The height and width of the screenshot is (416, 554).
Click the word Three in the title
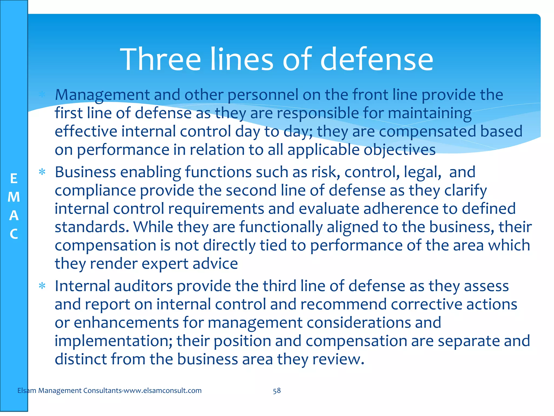tap(161, 59)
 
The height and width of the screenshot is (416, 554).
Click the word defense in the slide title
tap(377, 59)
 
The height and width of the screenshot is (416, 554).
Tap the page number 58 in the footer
tap(277, 391)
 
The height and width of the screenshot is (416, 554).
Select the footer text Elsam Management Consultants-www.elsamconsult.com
tap(109, 391)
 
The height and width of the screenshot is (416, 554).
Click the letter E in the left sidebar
tap(14, 179)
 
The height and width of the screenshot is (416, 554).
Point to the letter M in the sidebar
tap(14, 197)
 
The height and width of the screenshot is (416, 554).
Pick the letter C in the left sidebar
tap(14, 234)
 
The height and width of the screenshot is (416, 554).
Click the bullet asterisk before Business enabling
tap(42, 172)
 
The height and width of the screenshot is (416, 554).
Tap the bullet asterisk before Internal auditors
tap(42, 286)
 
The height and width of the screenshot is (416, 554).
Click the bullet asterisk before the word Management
tap(42, 95)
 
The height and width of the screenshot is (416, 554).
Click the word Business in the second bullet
tap(85, 172)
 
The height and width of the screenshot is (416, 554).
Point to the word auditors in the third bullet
tap(143, 286)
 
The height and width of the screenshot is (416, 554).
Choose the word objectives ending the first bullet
tap(399, 150)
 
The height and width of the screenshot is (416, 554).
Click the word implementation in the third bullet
tap(113, 341)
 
